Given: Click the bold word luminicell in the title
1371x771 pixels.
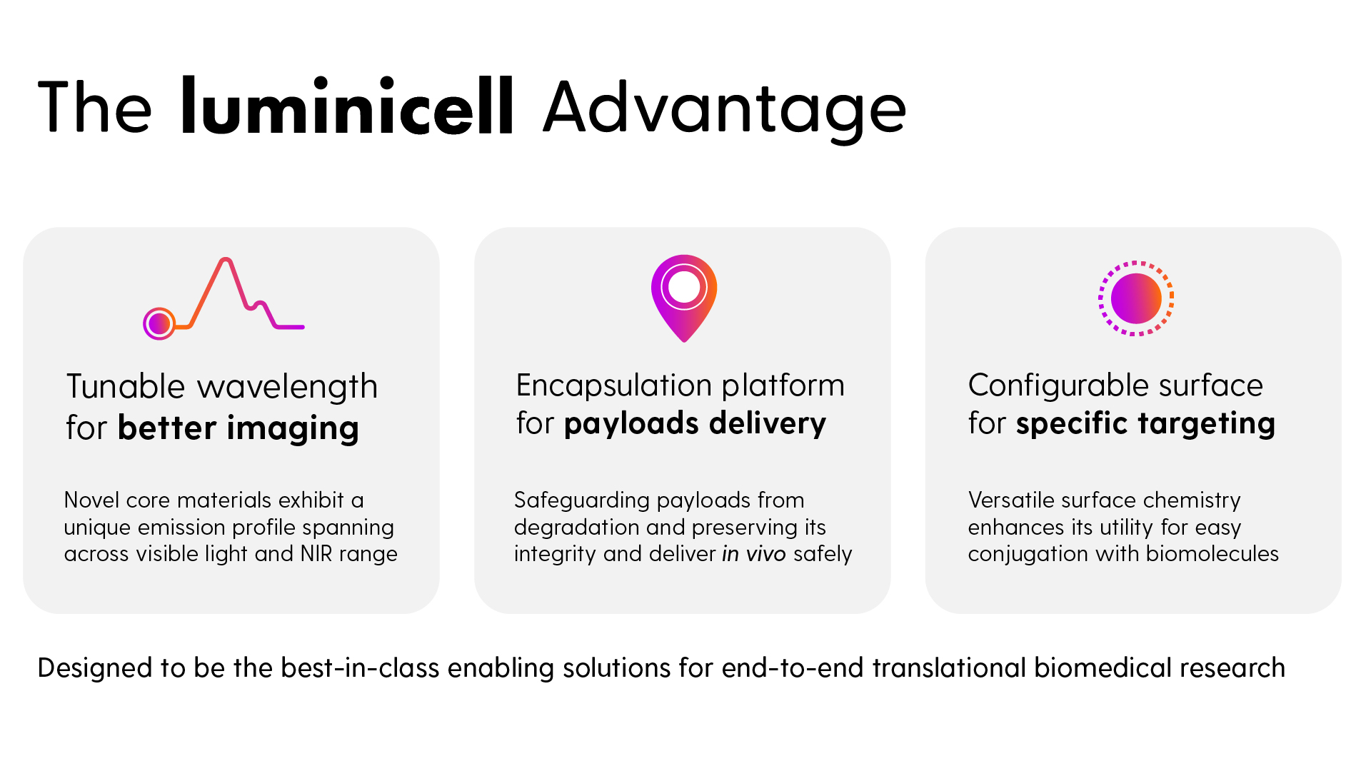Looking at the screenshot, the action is (347, 106).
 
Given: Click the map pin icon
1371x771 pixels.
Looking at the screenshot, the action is (684, 298).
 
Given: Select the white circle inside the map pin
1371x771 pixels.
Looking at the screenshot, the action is (684, 287).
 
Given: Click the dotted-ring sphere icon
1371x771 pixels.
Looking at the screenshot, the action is (1135, 298).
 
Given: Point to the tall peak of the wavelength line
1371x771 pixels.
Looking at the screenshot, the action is (226, 260).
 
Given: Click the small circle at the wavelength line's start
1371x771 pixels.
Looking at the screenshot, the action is (159, 324).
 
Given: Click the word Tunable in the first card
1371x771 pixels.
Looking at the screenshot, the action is (126, 386).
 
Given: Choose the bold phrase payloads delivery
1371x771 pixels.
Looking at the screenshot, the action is (695, 424).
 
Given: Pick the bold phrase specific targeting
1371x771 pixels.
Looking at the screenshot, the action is (1145, 424).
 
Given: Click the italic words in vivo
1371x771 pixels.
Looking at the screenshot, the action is (754, 554).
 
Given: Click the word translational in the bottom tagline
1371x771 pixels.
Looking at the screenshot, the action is (949, 668).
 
